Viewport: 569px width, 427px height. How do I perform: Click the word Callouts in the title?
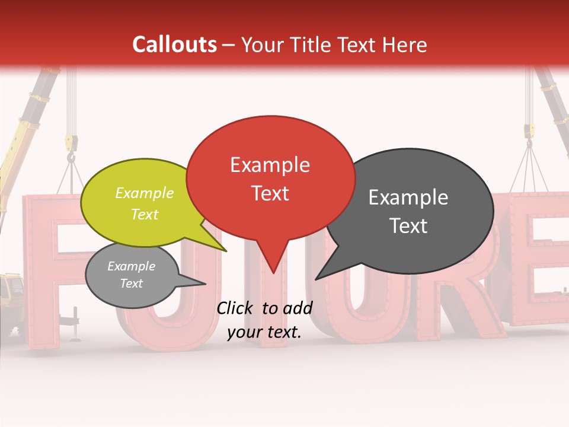point(174,44)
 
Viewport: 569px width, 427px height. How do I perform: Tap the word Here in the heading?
point(404,44)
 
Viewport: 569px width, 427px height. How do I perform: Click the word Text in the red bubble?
point(270,193)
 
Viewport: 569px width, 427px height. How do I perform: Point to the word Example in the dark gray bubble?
point(408,197)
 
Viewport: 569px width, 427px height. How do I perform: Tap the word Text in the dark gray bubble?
point(408,226)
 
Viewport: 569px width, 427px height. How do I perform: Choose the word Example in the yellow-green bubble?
point(145,193)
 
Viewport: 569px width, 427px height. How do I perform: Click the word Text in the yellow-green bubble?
point(145,214)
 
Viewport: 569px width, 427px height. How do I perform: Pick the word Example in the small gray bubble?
point(132,266)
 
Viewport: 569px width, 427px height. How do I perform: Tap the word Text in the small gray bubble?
point(132,283)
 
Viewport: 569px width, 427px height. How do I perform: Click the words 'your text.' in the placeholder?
point(264,333)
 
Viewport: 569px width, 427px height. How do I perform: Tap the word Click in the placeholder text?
point(235,308)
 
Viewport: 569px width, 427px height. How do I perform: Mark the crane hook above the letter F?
point(72,155)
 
